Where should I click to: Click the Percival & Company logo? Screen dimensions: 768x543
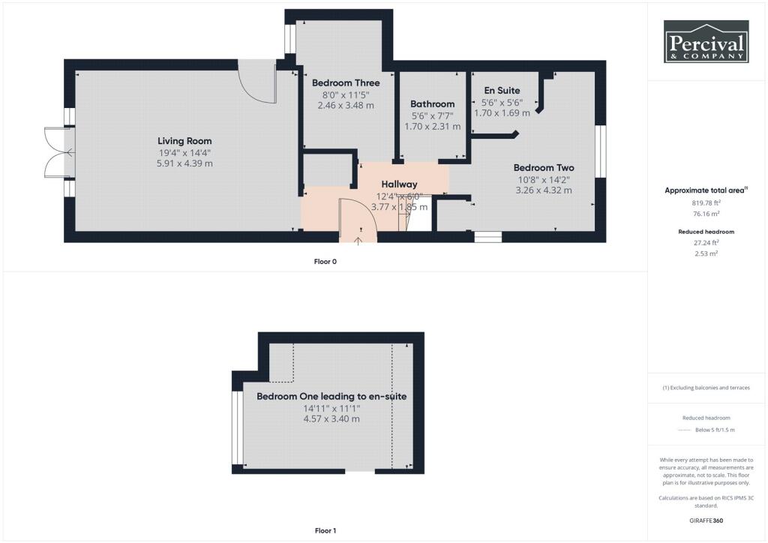pos(706,41)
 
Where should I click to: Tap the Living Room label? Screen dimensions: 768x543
pos(184,141)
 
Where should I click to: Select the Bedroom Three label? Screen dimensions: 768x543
pos(346,82)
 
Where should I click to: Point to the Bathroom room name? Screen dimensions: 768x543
pos(433,103)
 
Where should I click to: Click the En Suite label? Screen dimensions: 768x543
pos(502,90)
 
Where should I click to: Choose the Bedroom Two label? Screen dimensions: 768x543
pos(544,167)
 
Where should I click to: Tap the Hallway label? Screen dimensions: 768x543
pos(399,184)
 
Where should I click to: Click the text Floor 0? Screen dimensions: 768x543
pos(325,262)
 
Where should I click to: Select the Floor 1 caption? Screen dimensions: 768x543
pos(325,530)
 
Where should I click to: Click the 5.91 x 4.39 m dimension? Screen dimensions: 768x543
pos(184,163)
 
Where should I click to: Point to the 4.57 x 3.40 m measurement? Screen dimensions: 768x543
pos(331,419)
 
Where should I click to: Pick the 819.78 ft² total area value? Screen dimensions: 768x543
pos(706,202)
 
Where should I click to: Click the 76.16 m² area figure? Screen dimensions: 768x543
pos(706,214)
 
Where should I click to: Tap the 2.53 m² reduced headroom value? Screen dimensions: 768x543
pos(706,253)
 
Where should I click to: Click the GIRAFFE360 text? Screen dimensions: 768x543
pos(706,520)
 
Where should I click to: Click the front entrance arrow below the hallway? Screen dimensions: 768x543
pos(358,241)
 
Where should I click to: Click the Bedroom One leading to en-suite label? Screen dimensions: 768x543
pos(331,396)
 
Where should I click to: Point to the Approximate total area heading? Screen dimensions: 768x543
pos(706,190)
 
